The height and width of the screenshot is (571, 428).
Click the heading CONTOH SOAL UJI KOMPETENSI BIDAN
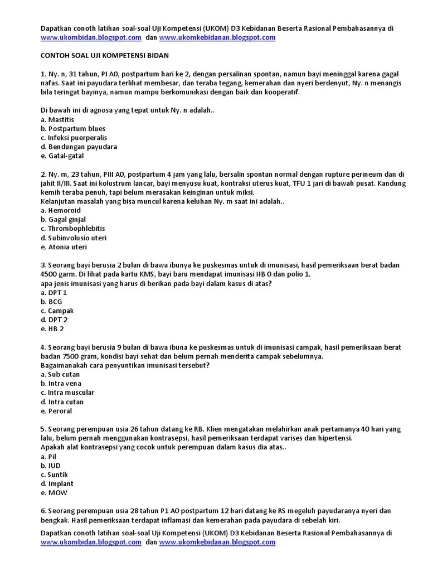click(105, 56)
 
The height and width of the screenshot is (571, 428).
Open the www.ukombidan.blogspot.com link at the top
click(91, 38)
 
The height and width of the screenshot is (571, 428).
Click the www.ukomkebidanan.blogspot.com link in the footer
click(217, 542)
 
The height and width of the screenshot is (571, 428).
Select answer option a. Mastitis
click(57, 120)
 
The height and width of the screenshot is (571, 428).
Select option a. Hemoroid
click(61, 211)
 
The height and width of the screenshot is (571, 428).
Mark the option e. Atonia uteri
click(64, 247)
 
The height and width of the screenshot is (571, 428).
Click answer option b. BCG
click(51, 302)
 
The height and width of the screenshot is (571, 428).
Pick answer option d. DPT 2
click(54, 320)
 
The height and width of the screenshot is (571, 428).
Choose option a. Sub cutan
click(60, 375)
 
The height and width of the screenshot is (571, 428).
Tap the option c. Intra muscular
click(67, 393)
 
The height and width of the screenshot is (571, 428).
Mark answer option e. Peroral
click(56, 411)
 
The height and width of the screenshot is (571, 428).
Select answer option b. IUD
click(51, 466)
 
